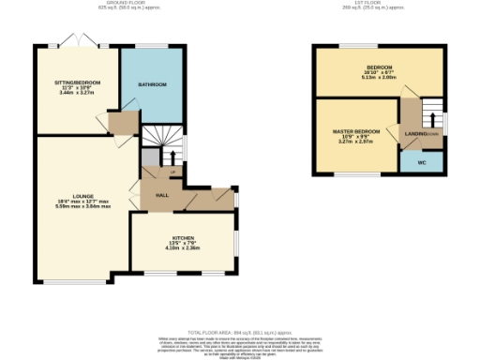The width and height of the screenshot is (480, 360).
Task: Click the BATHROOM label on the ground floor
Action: coord(153,85)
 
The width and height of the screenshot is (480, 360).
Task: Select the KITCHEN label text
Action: coord(183,238)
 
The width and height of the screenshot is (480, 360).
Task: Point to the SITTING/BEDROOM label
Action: coord(77,82)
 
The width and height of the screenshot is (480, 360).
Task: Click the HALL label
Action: coord(161,194)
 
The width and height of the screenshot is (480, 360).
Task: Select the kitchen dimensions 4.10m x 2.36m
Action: coord(183,248)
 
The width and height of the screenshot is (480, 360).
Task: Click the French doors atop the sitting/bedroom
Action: coord(72,42)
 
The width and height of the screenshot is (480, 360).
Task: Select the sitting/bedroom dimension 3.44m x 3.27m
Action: coord(77,93)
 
